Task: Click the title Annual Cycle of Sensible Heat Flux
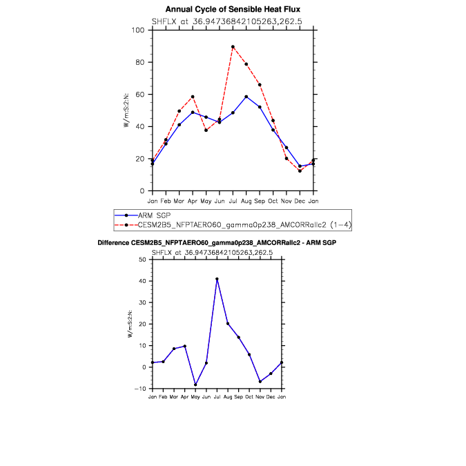pos(233,10)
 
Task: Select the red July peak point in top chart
pos(233,47)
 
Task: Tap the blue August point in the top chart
pos(246,97)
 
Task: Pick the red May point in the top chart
pos(206,130)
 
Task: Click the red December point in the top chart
pos(300,171)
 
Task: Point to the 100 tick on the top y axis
pos(138,30)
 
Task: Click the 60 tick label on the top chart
pos(140,95)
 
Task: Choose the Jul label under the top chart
pos(233,201)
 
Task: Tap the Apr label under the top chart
pos(193,202)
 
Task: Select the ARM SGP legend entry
pos(154,215)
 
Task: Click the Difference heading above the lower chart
pos(217,243)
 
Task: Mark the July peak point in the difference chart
pos(217,279)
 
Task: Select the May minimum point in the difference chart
pos(195,385)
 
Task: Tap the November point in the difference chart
pos(260,381)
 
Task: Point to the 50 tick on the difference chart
pos(142,260)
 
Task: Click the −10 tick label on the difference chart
pos(140,389)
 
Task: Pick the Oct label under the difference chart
pos(249,397)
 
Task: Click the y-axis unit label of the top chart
pos(126,110)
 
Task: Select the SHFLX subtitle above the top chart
pos(226,21)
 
